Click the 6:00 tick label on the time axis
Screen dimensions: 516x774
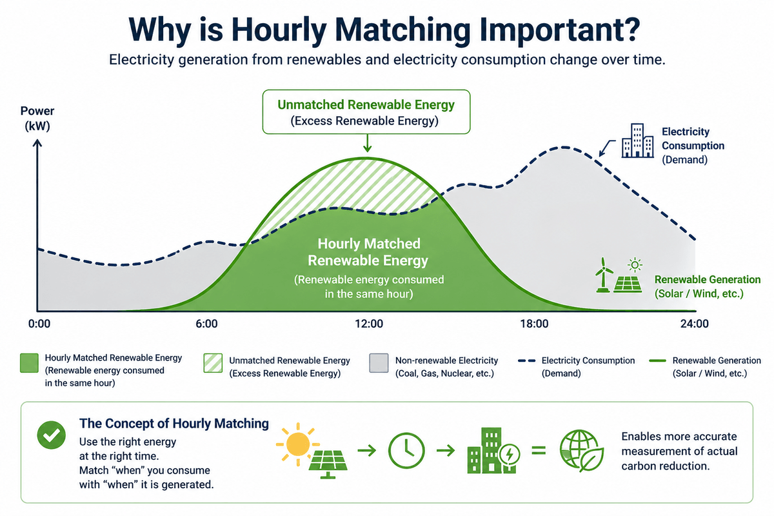click(x=206, y=323)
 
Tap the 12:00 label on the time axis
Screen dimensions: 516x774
click(x=368, y=323)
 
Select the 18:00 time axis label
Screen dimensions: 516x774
click(x=535, y=323)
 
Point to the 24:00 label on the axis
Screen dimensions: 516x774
click(x=695, y=323)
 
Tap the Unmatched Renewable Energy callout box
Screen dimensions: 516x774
click(x=366, y=112)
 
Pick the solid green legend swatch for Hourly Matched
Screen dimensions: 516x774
click(x=29, y=364)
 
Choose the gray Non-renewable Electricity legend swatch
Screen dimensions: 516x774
click(x=378, y=364)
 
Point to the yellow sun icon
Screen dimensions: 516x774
click(x=297, y=441)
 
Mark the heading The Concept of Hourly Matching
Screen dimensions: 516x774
click(x=174, y=424)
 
